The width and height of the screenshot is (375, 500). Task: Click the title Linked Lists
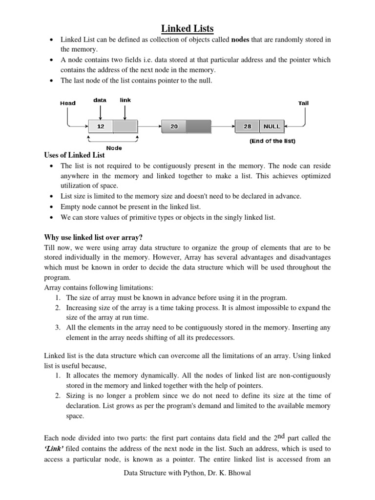click(187, 29)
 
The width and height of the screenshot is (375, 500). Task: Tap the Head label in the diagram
click(67, 103)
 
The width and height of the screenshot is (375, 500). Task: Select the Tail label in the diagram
click(303, 103)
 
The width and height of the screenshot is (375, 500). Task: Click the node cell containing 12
click(101, 126)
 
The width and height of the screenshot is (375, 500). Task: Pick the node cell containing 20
click(174, 126)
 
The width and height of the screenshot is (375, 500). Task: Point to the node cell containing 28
click(248, 126)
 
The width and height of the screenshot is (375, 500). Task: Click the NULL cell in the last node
click(272, 126)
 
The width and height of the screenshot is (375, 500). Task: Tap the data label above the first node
click(100, 100)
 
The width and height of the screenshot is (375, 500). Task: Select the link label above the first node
click(125, 100)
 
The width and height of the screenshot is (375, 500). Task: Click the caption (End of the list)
click(272, 142)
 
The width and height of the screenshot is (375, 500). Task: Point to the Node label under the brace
click(114, 147)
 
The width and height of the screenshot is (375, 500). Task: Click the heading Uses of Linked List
click(75, 156)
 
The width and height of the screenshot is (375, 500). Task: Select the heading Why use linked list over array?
click(93, 238)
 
